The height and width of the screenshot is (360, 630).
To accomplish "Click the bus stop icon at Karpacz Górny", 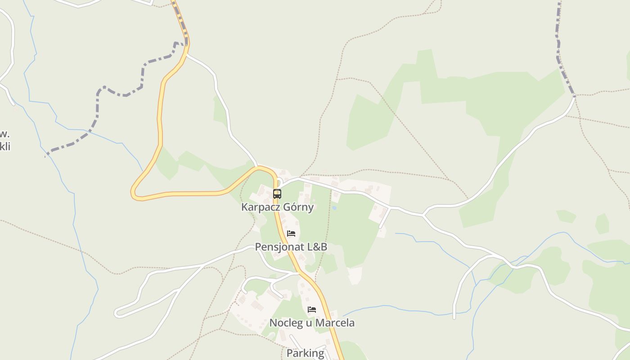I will coord(277,194).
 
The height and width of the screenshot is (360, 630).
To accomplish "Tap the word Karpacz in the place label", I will coord(259,207).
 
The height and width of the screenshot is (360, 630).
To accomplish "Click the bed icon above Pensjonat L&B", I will coord(291,234).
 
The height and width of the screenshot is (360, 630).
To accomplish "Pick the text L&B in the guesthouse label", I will coord(317,247).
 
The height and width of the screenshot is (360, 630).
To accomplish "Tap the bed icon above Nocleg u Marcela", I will coord(312,310).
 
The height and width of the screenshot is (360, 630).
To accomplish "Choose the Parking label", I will coord(305,353).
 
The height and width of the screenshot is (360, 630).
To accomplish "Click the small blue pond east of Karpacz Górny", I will coord(334,208).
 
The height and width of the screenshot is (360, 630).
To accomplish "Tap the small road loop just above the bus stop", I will coord(279,182).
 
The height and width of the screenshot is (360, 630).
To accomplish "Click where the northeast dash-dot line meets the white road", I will coord(574,96).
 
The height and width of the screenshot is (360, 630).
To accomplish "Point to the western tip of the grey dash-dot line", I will coord(46,156).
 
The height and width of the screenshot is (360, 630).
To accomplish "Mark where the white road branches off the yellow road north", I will coord(187,54).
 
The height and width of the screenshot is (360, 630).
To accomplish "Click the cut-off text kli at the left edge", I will coord(5,147).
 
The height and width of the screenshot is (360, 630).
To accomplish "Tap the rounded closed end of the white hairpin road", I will coord(117,312).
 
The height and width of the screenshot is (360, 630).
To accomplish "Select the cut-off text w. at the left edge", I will coord(4,134).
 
